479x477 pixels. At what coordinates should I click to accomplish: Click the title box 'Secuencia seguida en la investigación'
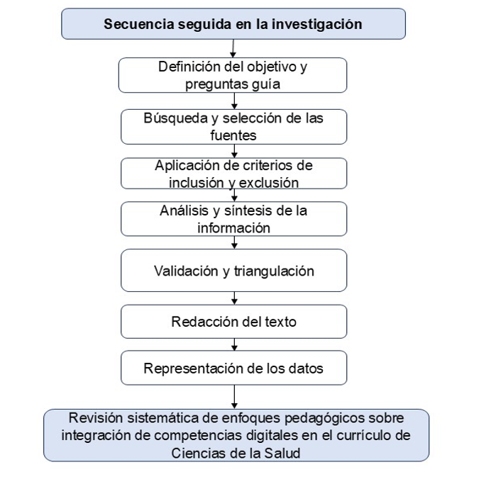(233, 24)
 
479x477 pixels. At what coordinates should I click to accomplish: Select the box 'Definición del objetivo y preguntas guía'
(233, 75)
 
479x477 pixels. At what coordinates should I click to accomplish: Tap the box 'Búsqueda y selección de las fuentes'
(234, 127)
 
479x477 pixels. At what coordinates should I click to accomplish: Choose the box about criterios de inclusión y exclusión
(234, 174)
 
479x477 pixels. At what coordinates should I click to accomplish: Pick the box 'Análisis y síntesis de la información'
(234, 219)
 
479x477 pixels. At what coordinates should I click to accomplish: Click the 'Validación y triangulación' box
(234, 270)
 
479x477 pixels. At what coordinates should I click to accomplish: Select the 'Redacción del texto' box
(234, 322)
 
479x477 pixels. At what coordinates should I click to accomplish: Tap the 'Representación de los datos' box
(234, 368)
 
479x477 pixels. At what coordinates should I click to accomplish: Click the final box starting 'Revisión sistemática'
(236, 435)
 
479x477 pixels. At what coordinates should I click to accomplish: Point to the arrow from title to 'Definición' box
(233, 48)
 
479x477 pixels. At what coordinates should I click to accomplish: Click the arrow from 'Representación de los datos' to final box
(234, 397)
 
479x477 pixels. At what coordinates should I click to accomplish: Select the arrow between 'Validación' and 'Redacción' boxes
(234, 298)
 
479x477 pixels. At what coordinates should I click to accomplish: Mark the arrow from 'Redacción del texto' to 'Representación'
(234, 344)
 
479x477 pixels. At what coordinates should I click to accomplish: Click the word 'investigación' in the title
(316, 24)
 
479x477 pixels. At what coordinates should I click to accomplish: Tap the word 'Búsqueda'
(176, 118)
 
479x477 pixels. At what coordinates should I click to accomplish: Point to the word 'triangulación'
(274, 271)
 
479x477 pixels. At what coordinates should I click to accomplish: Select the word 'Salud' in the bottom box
(282, 453)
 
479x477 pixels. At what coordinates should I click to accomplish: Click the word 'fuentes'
(233, 135)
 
